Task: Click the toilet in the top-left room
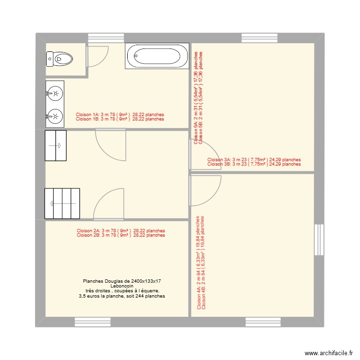coord(60,59)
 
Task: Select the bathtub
coord(157,56)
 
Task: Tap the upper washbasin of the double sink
coord(55,93)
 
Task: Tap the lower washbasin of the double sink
coord(55,116)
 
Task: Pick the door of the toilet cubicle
coord(98,56)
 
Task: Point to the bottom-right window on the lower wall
coord(263,322)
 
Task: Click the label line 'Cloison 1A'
coord(120,115)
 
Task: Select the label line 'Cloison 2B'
coord(120,235)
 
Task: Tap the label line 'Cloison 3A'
coord(254,160)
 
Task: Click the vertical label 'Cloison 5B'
coord(200,96)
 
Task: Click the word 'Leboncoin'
coord(122,286)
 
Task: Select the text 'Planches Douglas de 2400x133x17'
coord(122,280)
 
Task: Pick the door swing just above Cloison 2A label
coord(109,204)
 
